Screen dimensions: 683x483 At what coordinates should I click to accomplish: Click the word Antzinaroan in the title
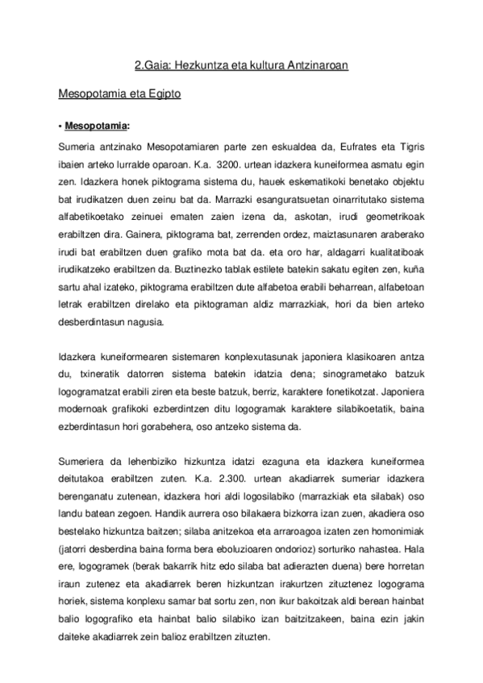[x=318, y=67]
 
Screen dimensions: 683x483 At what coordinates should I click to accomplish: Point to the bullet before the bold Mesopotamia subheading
[x=61, y=126]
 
